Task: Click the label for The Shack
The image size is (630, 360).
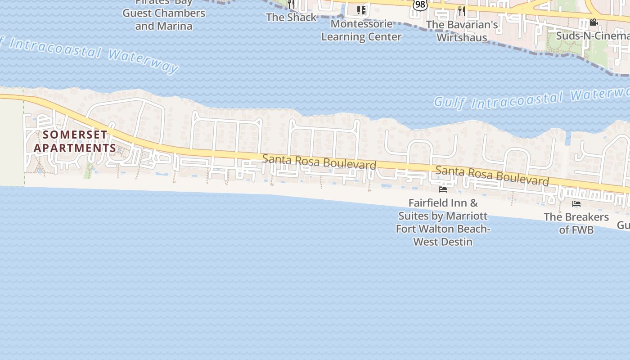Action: coord(291,17)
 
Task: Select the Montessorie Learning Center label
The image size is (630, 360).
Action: coord(361,30)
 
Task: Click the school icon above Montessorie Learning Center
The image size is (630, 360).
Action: coord(361,10)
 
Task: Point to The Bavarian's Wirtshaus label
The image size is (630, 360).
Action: coord(462,31)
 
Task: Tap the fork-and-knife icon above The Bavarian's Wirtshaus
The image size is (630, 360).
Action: coord(462,11)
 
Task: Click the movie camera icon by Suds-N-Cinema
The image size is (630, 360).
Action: coord(594,22)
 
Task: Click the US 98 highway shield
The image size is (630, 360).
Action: coord(420,4)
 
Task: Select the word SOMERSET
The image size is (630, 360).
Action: coord(75,135)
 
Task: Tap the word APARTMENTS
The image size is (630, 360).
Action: coord(75,148)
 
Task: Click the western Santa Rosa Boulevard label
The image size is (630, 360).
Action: coord(319,162)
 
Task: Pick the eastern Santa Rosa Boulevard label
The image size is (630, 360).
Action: coord(492,175)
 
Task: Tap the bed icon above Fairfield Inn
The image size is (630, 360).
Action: coord(443,189)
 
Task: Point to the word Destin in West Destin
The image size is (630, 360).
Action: coord(456,242)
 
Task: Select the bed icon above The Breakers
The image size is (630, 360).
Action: coord(576,204)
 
